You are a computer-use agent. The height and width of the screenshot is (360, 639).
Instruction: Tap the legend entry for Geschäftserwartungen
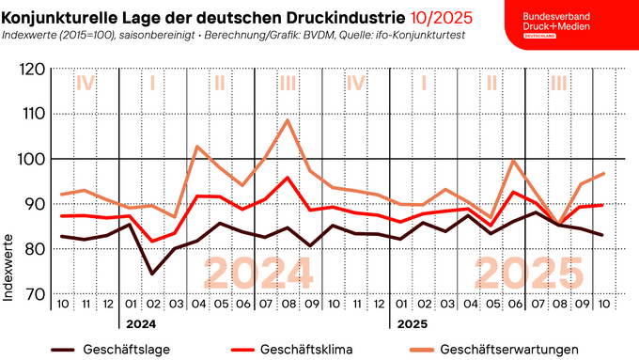(507, 350)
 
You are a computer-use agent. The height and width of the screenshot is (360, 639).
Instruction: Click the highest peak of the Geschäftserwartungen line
(288, 120)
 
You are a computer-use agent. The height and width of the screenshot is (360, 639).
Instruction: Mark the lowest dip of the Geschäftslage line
(152, 274)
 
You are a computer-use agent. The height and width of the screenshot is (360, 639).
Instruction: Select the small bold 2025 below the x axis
(407, 323)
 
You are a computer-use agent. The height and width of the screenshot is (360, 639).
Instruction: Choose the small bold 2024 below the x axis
(141, 323)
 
